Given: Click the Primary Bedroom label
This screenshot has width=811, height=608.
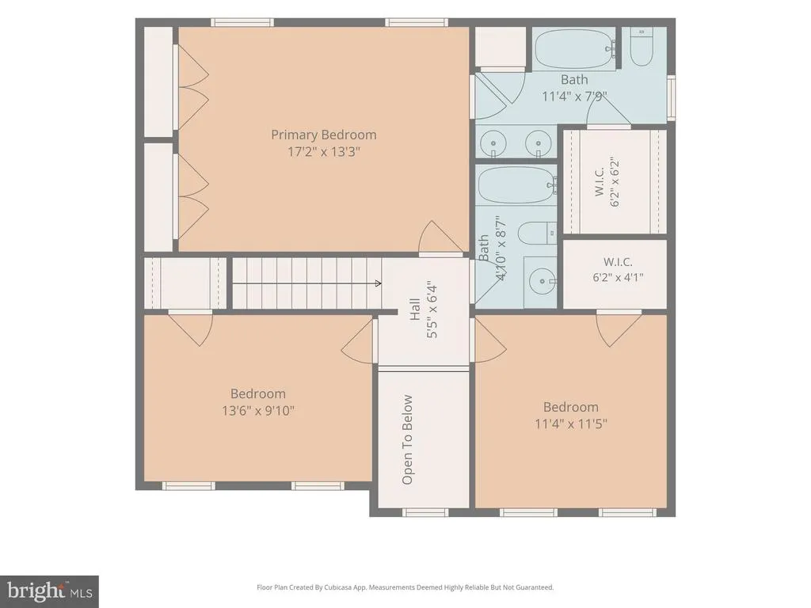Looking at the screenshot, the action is [324, 135].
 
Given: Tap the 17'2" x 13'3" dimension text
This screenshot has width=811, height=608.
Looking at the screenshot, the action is [324, 152].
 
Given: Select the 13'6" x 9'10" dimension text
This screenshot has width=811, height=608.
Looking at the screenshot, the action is [258, 411].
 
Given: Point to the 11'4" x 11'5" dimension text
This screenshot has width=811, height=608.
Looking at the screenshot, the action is [571, 424].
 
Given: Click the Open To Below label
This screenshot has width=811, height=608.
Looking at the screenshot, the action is [408, 439].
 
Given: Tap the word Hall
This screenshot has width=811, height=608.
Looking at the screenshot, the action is [415, 310].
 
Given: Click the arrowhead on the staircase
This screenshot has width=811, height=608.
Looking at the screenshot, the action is [379, 283].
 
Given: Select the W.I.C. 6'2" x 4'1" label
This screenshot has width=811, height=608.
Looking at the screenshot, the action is [618, 269].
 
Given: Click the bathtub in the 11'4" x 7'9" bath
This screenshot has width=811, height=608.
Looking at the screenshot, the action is [575, 48].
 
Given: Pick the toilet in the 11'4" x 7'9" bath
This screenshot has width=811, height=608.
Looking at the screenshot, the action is [642, 47].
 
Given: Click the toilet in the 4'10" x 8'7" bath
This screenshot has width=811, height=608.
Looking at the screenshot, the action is [538, 233].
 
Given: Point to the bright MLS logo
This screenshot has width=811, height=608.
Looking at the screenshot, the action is [49, 591].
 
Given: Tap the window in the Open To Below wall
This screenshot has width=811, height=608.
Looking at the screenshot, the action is [425, 512].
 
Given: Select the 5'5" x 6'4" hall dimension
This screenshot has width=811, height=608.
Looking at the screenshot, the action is [432, 310].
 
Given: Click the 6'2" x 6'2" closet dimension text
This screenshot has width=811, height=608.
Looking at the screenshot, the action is [615, 181].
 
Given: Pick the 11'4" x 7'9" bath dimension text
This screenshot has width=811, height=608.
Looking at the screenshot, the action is [575, 96].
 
